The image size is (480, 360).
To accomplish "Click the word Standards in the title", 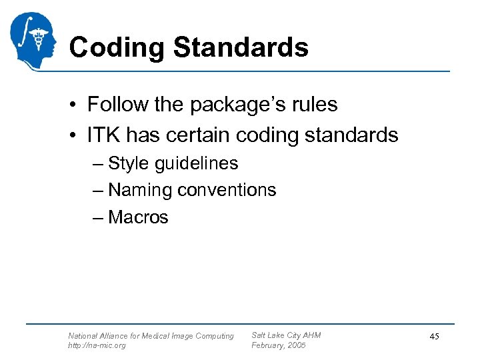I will pos(240,47).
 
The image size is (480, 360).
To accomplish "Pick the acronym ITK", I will pos(103,135).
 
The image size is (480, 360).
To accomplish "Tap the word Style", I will pos(129,163).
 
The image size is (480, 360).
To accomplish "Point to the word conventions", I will pos(227,190).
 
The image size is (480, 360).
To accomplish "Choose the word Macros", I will pos(138,217).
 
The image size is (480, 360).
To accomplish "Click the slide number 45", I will pos(434,337).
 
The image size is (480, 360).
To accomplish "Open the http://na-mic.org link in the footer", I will pos(97,345).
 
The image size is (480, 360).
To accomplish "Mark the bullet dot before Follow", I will pos(77,105).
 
